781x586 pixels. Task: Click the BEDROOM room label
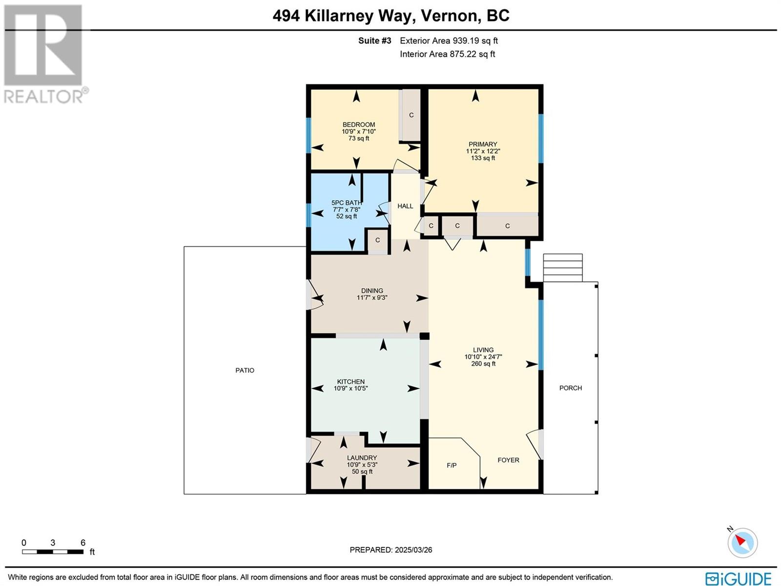(358, 125)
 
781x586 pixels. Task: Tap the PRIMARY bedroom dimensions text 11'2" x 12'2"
(483, 151)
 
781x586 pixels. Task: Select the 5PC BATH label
(347, 203)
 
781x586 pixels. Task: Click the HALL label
(405, 206)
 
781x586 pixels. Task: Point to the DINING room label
(372, 291)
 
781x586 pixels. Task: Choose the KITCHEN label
(350, 381)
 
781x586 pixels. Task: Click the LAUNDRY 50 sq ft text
(362, 472)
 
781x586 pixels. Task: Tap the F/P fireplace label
(452, 465)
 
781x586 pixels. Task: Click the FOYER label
(508, 460)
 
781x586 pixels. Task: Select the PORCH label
(570, 388)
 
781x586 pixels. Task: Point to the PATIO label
(245, 370)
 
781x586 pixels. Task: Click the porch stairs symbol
(563, 268)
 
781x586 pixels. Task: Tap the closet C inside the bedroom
(411, 115)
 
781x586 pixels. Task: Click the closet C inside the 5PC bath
(377, 240)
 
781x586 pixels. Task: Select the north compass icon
(742, 542)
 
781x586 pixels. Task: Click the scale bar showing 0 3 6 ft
(53, 551)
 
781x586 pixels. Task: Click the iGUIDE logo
(738, 579)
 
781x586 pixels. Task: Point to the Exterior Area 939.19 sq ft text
(449, 41)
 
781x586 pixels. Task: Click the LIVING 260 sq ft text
(483, 364)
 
